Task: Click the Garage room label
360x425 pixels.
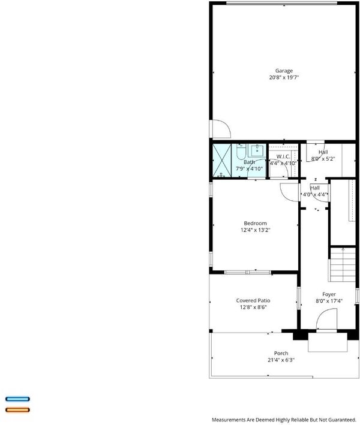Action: tap(284, 71)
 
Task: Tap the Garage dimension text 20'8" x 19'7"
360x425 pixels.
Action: tap(284, 77)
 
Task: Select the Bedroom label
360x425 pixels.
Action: tap(255, 224)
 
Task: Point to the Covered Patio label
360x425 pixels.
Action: tap(253, 300)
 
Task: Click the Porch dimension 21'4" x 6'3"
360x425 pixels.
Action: tap(281, 360)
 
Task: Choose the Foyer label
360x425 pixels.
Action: tap(329, 294)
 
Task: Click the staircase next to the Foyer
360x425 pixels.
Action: tap(343, 264)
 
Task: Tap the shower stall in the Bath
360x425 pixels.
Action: tap(222, 161)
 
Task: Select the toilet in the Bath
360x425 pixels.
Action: tap(241, 152)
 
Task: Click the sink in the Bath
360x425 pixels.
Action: tap(257, 150)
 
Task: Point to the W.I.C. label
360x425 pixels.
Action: tap(283, 156)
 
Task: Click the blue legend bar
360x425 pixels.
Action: tap(17, 399)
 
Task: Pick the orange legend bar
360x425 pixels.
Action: tap(17, 410)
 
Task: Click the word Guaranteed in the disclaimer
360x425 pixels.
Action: tap(342, 420)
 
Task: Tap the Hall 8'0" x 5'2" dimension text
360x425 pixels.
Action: tap(323, 159)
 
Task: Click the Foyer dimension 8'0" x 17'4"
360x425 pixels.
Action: tap(329, 301)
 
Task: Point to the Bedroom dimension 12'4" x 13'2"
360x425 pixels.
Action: tap(255, 230)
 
